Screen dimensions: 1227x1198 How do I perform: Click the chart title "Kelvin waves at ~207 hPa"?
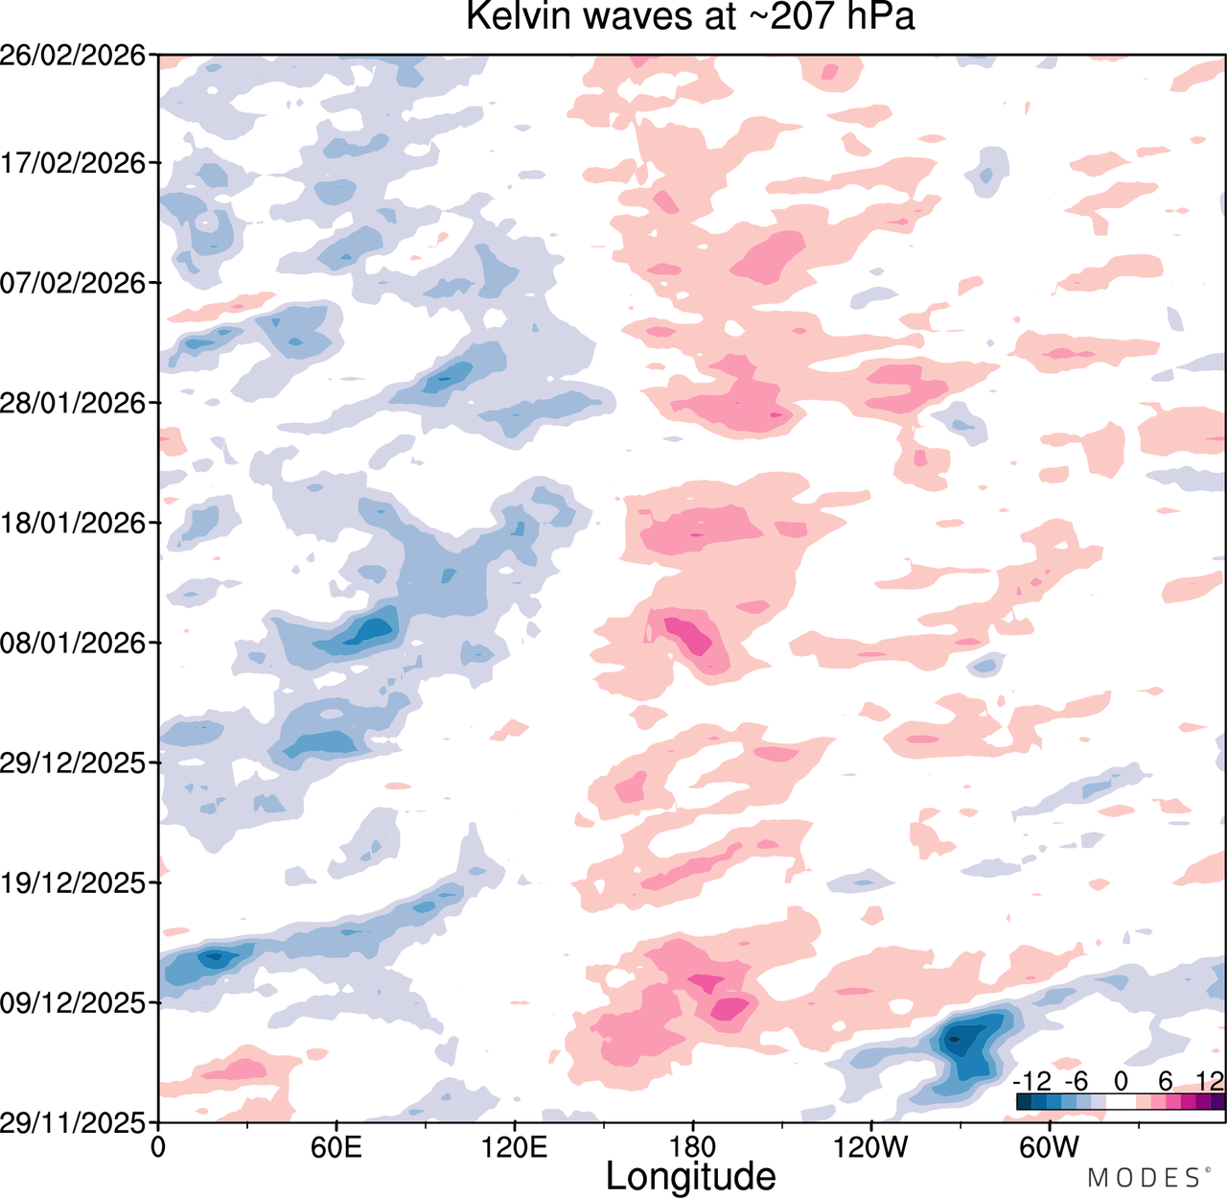[x=690, y=16]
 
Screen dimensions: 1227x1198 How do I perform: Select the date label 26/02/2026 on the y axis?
[x=73, y=56]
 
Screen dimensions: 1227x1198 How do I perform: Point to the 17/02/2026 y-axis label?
[x=73, y=163]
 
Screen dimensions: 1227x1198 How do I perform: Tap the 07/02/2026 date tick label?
[x=73, y=283]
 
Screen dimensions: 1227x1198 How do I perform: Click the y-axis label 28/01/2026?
[x=73, y=403]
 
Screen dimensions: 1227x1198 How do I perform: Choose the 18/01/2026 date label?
[x=73, y=523]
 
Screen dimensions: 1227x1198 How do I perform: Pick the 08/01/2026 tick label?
[x=73, y=644]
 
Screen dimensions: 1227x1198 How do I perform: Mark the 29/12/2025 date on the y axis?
[x=73, y=763]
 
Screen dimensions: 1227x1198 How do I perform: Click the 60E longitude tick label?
[x=336, y=1147]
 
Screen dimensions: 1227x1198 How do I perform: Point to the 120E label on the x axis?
[x=515, y=1147]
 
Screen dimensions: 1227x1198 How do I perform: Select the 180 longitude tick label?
[x=693, y=1147]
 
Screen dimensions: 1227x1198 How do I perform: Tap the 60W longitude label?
[x=1050, y=1147]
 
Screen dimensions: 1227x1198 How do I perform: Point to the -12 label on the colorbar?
[x=1032, y=1082]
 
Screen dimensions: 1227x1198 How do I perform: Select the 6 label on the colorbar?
[x=1166, y=1082]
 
